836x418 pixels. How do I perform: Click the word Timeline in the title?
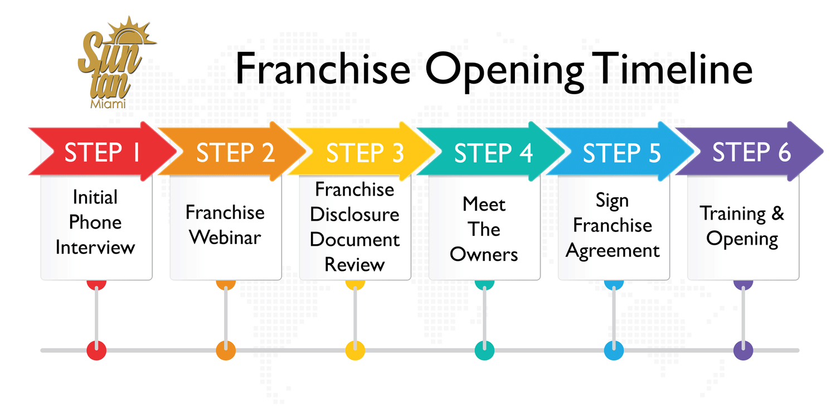coord(674,69)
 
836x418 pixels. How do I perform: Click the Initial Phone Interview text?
coord(95,222)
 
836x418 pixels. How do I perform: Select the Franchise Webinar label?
coord(225,225)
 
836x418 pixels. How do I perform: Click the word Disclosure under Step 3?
coord(354,215)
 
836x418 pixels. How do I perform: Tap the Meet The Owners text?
coord(484,229)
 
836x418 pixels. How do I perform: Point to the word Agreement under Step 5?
coord(613,250)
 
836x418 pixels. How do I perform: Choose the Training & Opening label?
coord(742,226)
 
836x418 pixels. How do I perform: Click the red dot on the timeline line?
coord(96,351)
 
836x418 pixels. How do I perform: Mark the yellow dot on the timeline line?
coord(355,351)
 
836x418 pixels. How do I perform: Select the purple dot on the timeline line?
coord(743,351)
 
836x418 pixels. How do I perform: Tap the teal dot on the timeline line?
coord(484,351)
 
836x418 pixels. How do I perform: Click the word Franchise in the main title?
coord(323,69)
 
